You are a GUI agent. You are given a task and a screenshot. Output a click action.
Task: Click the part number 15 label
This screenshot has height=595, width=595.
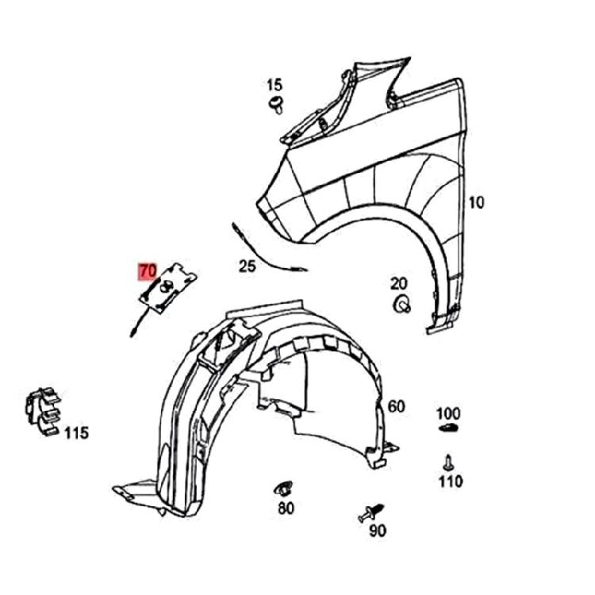click(x=274, y=84)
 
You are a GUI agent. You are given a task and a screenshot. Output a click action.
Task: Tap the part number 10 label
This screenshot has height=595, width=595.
click(x=474, y=202)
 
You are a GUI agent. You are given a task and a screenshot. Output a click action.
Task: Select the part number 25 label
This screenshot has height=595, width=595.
click(x=248, y=267)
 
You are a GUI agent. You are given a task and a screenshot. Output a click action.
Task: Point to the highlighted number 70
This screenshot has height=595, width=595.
click(x=148, y=271)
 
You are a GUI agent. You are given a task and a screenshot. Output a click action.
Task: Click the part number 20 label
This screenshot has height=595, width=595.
click(x=398, y=283)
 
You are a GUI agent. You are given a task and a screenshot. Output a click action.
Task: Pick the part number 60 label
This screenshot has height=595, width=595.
click(x=396, y=407)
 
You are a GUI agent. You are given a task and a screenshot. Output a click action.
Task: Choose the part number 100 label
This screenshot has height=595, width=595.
click(x=448, y=413)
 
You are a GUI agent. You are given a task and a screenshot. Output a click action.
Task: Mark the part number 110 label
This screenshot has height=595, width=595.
click(x=450, y=481)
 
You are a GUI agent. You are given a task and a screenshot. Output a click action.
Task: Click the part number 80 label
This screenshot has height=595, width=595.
click(x=286, y=509)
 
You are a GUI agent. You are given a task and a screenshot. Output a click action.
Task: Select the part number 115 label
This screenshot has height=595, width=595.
click(x=76, y=433)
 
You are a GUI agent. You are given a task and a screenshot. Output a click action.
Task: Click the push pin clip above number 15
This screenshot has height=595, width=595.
click(x=277, y=103)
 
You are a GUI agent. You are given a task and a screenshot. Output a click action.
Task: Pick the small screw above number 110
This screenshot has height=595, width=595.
click(x=448, y=461)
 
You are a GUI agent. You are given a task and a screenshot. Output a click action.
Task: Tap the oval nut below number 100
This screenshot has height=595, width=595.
click(x=448, y=429)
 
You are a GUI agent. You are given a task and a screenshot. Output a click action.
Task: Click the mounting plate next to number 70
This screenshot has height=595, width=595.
click(x=170, y=286)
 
